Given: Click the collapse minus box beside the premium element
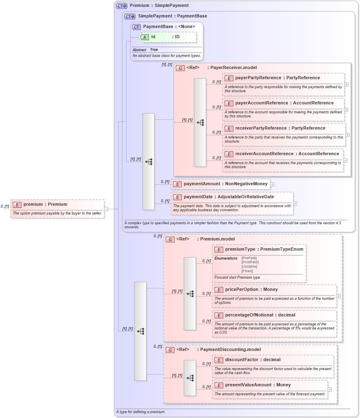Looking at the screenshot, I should point(106,209).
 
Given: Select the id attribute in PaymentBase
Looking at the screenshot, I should point(153,37).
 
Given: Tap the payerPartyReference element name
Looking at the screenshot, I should point(258,78).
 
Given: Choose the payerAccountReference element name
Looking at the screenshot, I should point(261,103).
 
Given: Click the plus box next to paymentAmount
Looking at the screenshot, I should point(272,184).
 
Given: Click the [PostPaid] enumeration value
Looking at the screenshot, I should point(250,262).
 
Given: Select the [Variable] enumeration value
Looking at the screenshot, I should point(249,266).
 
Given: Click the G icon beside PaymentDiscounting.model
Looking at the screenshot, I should point(170,350).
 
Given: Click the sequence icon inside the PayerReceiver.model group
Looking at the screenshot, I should point(200,122).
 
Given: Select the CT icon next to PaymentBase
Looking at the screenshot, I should point(136,27).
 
